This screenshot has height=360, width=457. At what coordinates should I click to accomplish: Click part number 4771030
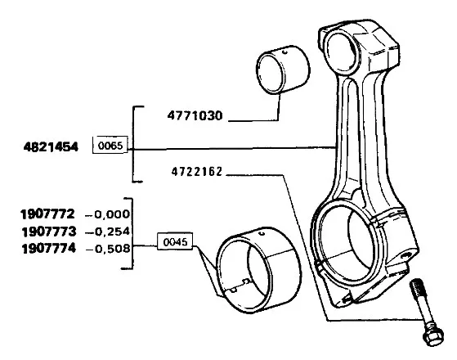coord(195,116)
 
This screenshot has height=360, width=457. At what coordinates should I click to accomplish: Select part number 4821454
coord(51,146)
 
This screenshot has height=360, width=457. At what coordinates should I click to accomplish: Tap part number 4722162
coord(197,172)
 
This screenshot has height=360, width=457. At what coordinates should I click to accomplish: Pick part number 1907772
coord(47,214)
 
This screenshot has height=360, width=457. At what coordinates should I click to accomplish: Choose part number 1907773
coord(49,232)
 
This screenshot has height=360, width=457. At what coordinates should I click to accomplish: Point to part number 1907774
coord(49,249)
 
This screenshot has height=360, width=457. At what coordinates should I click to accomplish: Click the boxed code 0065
coord(110,145)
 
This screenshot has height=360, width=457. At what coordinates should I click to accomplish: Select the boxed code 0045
coord(175,241)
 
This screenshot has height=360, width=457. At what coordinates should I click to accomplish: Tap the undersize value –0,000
coord(107,214)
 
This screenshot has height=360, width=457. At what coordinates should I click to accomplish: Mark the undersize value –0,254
coord(108,232)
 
